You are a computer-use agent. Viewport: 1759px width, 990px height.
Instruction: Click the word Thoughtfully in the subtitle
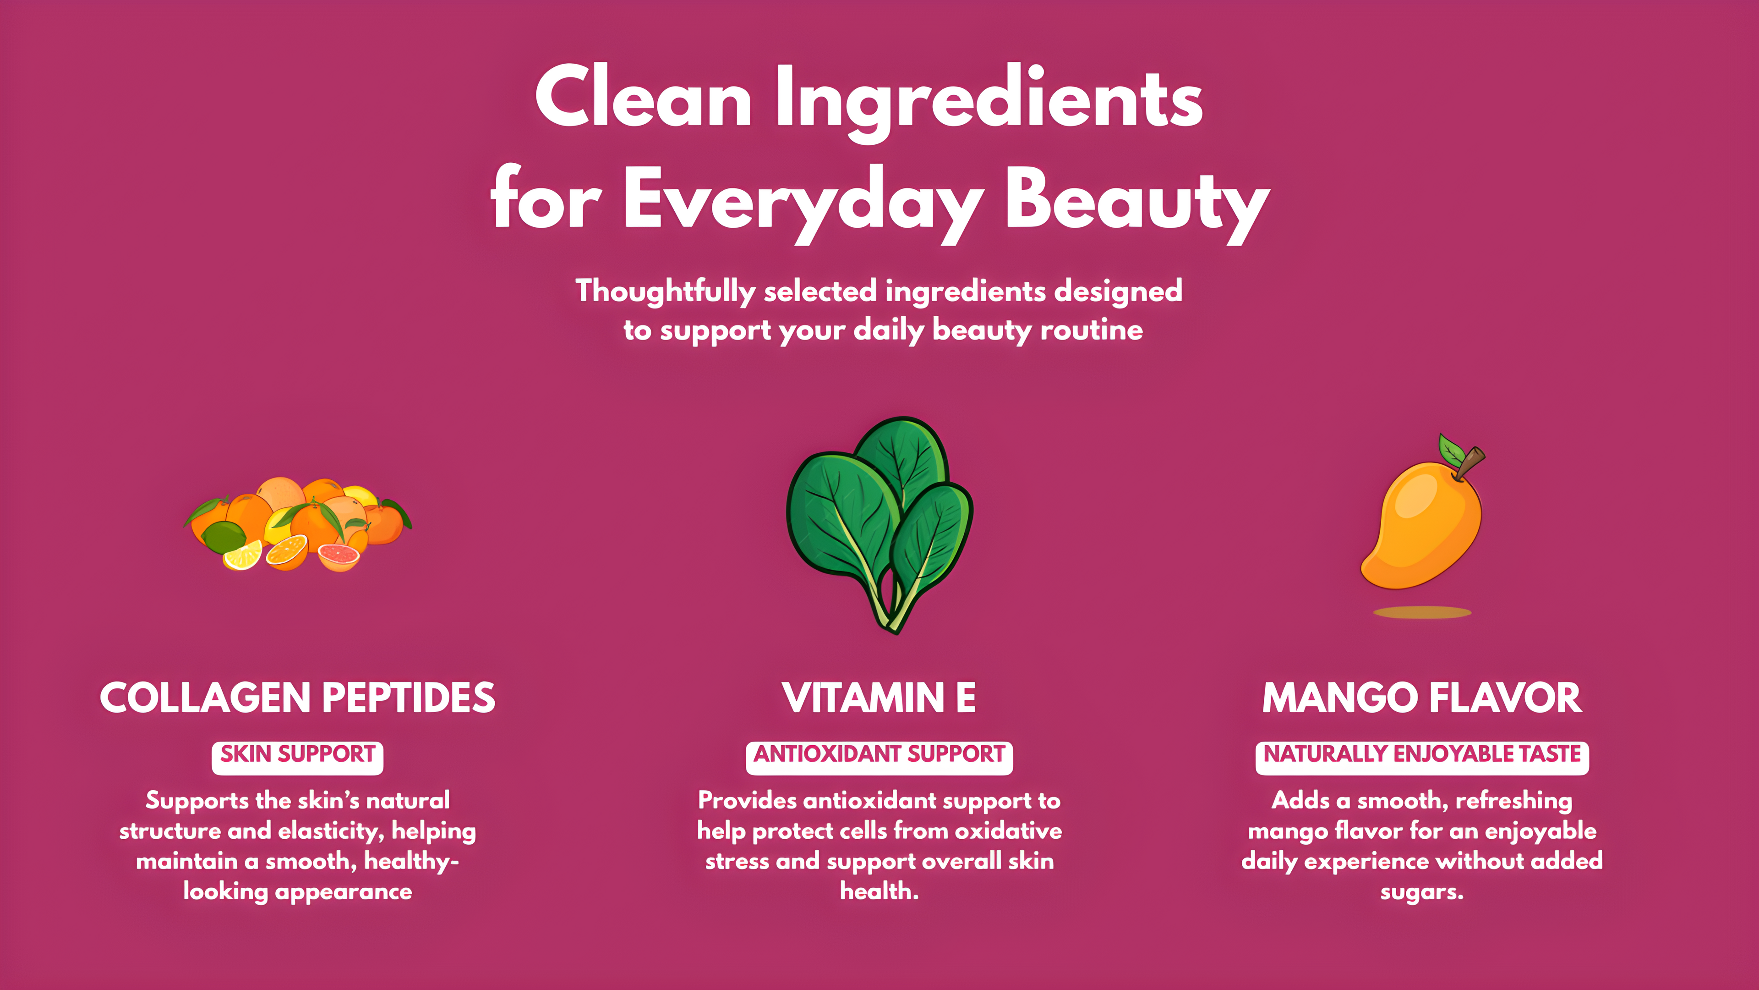(665, 292)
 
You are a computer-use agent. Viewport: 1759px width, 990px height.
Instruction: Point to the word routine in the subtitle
(1091, 330)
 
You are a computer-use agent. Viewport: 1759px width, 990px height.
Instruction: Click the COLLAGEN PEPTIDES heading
(298, 698)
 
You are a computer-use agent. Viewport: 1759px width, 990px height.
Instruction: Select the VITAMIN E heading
(879, 698)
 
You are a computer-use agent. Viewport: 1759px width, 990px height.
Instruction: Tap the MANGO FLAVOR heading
(1422, 698)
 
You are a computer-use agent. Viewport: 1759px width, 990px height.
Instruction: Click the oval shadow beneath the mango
(1422, 612)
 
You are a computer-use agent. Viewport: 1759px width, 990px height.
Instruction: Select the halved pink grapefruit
(339, 555)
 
